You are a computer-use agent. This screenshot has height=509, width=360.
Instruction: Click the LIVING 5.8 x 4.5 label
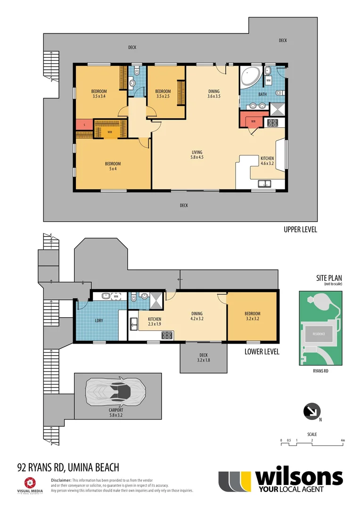click(x=197, y=155)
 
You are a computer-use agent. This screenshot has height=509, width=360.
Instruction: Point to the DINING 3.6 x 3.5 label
click(x=214, y=94)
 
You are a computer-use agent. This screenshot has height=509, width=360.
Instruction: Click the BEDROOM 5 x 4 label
click(x=113, y=166)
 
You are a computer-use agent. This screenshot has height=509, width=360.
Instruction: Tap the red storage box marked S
click(x=84, y=125)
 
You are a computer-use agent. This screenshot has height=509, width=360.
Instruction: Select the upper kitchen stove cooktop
click(x=273, y=123)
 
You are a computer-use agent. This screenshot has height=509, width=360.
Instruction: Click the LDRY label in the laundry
click(x=99, y=320)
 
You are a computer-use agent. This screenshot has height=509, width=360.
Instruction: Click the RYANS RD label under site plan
click(x=321, y=371)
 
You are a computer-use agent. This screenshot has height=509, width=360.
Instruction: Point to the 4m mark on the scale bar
click(x=343, y=441)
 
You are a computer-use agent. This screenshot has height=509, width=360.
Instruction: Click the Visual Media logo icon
click(x=30, y=482)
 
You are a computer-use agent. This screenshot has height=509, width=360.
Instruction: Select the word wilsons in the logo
click(x=299, y=477)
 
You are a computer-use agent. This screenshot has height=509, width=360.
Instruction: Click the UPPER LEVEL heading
click(x=300, y=230)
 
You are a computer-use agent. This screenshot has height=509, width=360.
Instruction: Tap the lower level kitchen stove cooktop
click(x=167, y=335)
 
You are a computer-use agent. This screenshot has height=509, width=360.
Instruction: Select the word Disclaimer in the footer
click(x=61, y=479)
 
